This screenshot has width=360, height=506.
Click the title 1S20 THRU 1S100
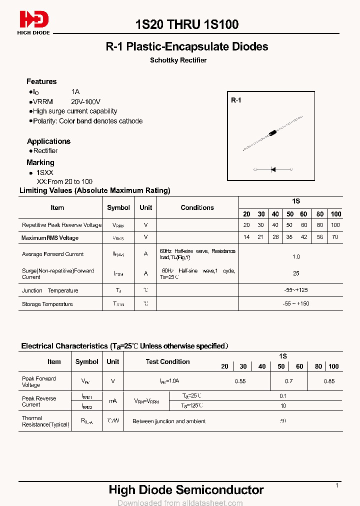pyautogui.click(x=187, y=24)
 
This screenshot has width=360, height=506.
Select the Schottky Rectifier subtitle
pyautogui.click(x=178, y=60)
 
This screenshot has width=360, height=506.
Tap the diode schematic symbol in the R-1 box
pyautogui.click(x=273, y=170)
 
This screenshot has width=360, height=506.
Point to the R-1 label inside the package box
pyautogui.click(x=236, y=100)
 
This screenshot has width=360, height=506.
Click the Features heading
pyautogui.click(x=41, y=81)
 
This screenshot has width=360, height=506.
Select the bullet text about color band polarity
pyautogui.click(x=87, y=121)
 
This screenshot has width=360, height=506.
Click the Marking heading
pyautogui.click(x=40, y=162)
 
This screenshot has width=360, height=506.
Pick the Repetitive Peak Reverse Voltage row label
pyautogui.click(x=61, y=225)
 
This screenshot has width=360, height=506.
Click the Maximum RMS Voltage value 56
pyautogui.click(x=320, y=237)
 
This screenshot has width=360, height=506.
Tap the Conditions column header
pyautogui.click(x=197, y=207)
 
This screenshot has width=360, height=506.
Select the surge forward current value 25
pyautogui.click(x=296, y=273)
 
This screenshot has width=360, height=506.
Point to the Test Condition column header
pyautogui.click(x=167, y=361)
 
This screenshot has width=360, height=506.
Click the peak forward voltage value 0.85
pyautogui.click(x=329, y=381)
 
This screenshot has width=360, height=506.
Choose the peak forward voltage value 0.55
pyautogui.click(x=240, y=381)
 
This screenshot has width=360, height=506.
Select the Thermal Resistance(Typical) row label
pyautogui.click(x=45, y=421)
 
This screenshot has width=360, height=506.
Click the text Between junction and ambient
pyautogui.click(x=169, y=421)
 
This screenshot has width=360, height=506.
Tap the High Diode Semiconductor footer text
pyautogui.click(x=186, y=490)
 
